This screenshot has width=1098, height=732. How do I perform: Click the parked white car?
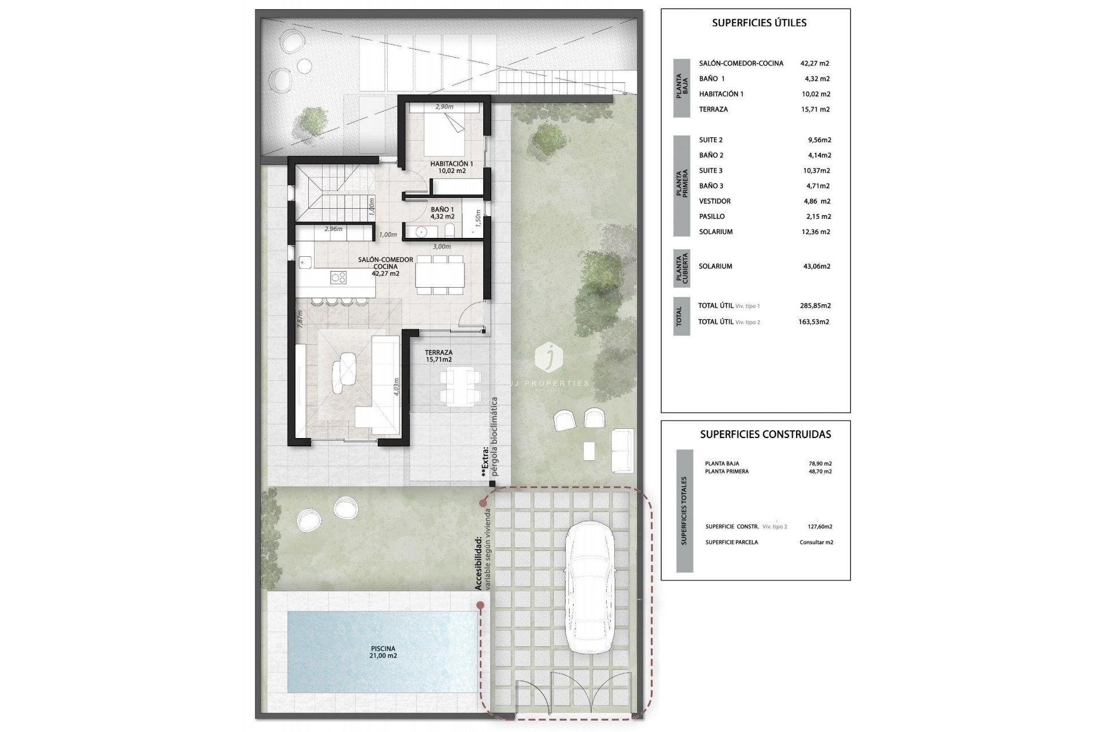(x=590, y=587)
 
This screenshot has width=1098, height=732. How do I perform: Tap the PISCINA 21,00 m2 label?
(x=383, y=652)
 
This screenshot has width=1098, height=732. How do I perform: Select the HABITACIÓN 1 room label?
(x=451, y=167)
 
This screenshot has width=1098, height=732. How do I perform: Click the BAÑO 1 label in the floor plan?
(x=443, y=213)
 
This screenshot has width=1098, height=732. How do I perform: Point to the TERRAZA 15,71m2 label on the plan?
(x=439, y=356)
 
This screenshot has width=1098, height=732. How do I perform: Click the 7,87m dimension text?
(x=299, y=318)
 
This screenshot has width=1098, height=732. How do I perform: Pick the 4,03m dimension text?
(x=397, y=387)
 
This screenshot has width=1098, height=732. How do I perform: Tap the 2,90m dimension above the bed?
(x=444, y=107)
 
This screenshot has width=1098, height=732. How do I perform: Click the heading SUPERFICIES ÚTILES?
(x=759, y=23)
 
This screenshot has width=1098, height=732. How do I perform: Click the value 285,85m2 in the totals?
(x=815, y=306)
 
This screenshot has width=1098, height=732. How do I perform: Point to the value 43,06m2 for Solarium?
(x=817, y=266)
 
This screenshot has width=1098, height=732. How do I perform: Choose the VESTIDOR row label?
(x=714, y=201)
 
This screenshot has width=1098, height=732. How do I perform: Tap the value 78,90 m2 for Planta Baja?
(x=816, y=464)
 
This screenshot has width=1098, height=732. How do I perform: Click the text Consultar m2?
(x=816, y=542)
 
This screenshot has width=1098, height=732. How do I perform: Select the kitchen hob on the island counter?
(x=339, y=277)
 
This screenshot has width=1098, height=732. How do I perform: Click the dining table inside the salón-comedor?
(x=440, y=274)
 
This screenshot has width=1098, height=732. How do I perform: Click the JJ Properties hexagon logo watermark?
(x=548, y=357)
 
